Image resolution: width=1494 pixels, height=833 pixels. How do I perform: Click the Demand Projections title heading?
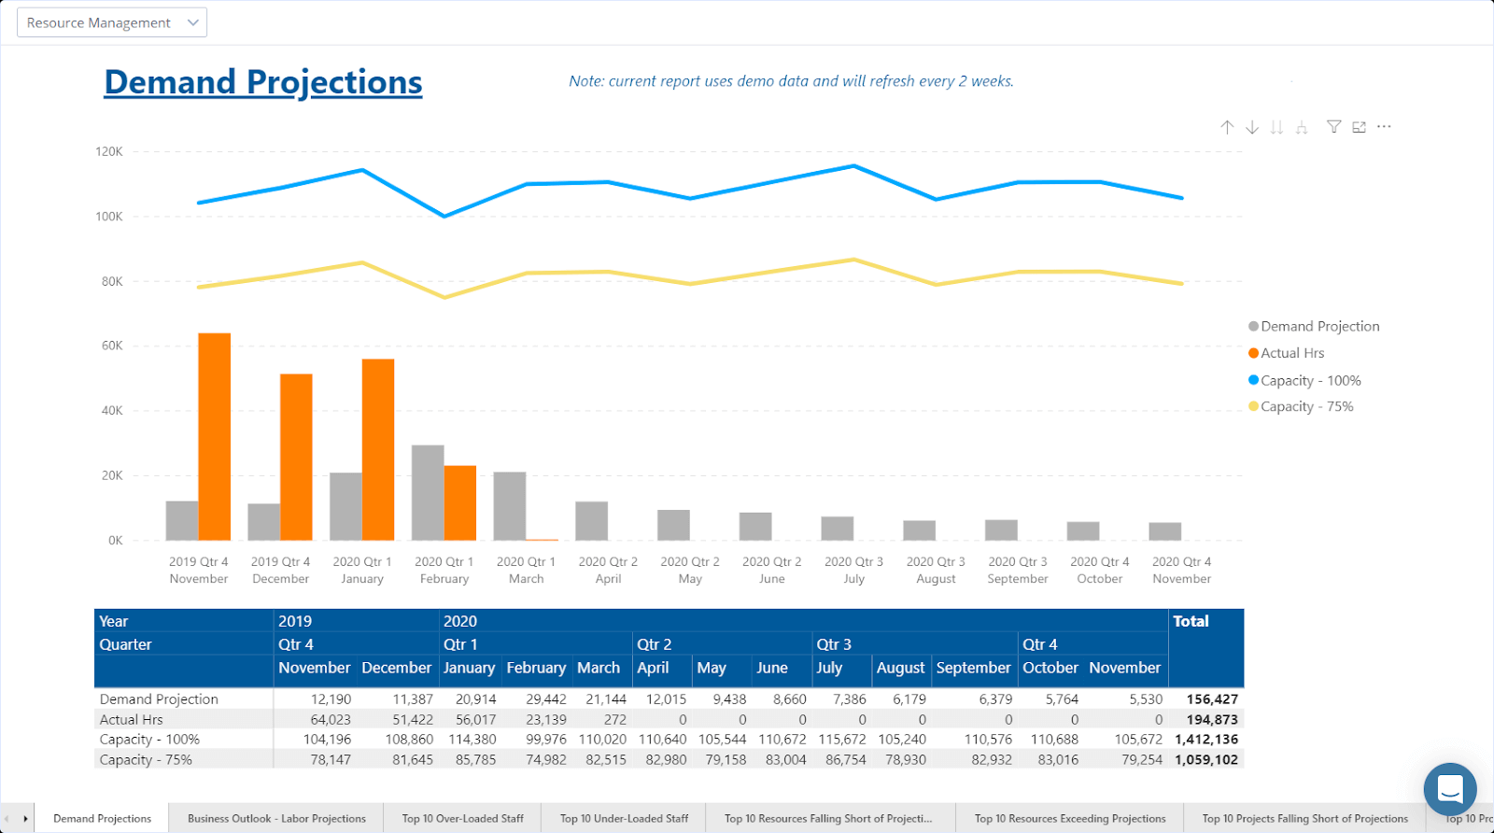[x=262, y=82]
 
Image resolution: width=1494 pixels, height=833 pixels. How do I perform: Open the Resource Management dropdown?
[x=112, y=22]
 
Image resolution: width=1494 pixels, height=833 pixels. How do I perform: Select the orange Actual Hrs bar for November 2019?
[x=214, y=436]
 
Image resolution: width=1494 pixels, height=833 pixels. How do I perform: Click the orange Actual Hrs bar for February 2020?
[x=460, y=502]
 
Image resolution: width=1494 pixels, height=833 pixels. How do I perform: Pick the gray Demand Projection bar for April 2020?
[x=592, y=521]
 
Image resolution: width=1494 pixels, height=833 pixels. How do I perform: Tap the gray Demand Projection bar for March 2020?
[x=510, y=505]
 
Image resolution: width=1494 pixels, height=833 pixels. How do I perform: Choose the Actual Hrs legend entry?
[x=1292, y=353]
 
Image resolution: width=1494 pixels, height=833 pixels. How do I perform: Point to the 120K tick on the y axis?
[x=109, y=151]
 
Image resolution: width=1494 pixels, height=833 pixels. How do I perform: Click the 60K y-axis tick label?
[x=112, y=346]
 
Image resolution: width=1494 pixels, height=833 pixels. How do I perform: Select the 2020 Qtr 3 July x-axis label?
[x=853, y=570]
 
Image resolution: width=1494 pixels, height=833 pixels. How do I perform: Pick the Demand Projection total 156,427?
[x=1212, y=699]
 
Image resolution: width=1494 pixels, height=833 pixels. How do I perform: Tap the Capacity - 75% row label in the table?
[x=146, y=760]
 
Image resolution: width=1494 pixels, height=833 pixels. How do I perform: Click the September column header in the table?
[x=973, y=668]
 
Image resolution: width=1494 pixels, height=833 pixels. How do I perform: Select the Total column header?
[x=1191, y=621]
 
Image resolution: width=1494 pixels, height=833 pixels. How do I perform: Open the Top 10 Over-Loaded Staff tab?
[x=462, y=819]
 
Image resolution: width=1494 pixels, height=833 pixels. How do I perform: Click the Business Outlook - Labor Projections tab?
[x=276, y=819]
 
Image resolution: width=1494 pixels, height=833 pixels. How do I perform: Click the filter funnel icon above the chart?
[x=1334, y=127]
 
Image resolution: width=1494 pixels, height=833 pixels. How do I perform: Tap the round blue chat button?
[x=1450, y=789]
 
